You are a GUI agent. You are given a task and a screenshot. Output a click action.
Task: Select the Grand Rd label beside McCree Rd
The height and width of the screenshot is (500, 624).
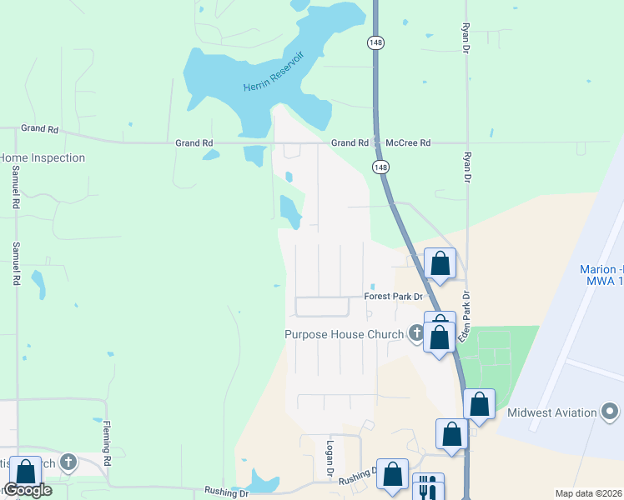[350, 143]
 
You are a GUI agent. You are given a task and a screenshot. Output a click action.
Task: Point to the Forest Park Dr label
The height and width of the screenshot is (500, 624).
[394, 297]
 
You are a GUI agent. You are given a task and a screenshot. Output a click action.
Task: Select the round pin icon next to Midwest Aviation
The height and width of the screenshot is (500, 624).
[611, 412]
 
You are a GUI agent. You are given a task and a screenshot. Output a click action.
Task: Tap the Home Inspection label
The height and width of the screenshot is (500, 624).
[43, 157]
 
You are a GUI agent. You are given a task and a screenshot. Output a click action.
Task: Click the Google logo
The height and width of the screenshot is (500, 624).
[28, 490]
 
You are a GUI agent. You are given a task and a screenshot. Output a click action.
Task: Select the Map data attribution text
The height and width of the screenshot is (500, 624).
[589, 493]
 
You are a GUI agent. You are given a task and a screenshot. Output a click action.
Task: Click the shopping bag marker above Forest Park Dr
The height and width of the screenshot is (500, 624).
[440, 263]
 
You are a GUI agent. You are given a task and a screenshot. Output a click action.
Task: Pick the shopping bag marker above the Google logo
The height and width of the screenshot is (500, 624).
[25, 472]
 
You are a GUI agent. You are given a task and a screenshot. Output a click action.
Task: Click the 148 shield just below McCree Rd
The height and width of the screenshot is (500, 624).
[381, 167]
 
